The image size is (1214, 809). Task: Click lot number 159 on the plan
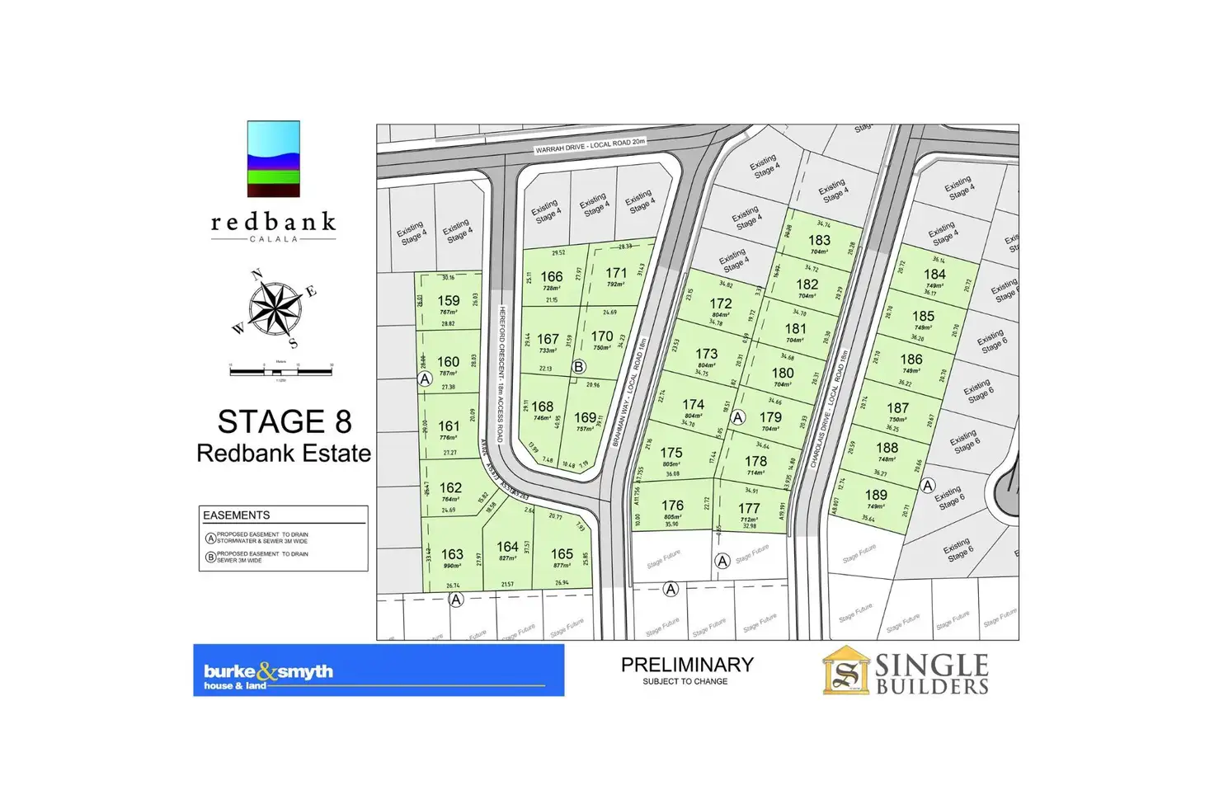coord(449,301)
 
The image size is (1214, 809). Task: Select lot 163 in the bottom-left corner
coord(452,554)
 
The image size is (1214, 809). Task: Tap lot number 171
coord(616,273)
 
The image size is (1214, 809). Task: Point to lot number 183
coord(819,240)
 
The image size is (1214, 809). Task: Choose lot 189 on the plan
coord(876,495)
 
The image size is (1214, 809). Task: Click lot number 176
coord(672,505)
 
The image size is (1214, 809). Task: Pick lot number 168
coord(543,407)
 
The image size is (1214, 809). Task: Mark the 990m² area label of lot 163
coord(452,566)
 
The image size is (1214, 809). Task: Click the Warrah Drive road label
coord(590,146)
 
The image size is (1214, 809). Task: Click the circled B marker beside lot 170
coord(579,367)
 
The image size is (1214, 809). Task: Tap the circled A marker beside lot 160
coord(425,379)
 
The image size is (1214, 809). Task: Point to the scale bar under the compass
coord(280,371)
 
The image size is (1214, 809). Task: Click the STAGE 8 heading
coord(285,422)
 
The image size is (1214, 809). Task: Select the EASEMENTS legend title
coord(237,515)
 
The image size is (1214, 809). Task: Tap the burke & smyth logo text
coord(268,672)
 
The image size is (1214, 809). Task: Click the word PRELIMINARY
coord(687,665)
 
